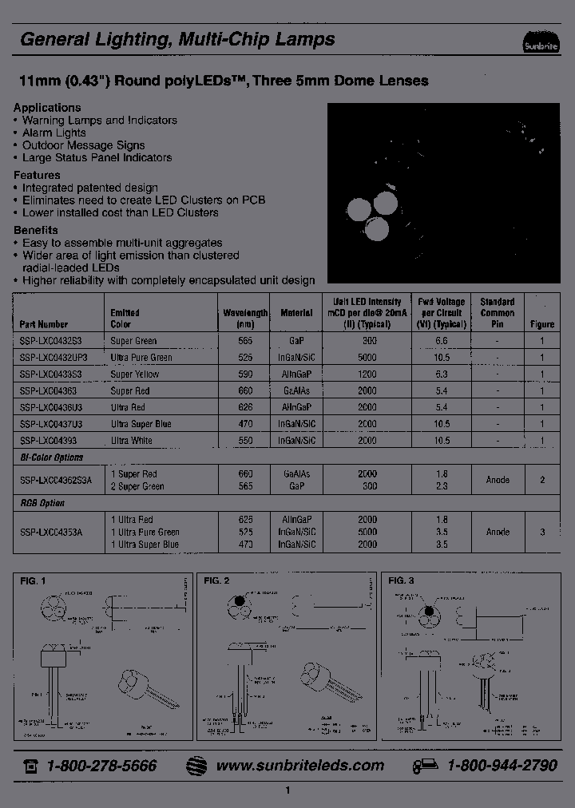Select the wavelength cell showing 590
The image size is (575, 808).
245,374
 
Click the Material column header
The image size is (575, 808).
296,314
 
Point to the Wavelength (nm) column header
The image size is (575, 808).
245,319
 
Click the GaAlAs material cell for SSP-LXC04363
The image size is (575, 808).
296,390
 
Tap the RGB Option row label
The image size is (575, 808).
42,503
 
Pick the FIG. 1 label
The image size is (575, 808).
34,580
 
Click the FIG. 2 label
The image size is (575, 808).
216,580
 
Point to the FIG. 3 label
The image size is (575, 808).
401,580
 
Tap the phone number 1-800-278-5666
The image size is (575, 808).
101,765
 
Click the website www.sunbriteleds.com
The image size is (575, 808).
300,765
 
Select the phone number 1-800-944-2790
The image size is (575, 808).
502,765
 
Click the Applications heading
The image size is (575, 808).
47,108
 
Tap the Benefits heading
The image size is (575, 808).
36,230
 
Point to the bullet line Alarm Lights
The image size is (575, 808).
54,133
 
